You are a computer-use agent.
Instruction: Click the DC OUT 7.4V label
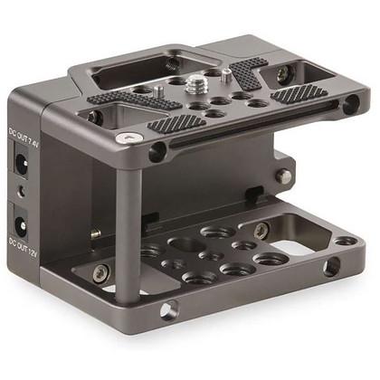point(24,137)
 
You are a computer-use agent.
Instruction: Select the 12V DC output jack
point(22,224)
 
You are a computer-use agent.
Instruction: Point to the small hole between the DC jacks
point(22,191)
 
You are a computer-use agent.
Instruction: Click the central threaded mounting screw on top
point(193,84)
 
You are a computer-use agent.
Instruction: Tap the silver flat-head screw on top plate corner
point(128,138)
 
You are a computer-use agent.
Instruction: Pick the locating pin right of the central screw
point(226,75)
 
